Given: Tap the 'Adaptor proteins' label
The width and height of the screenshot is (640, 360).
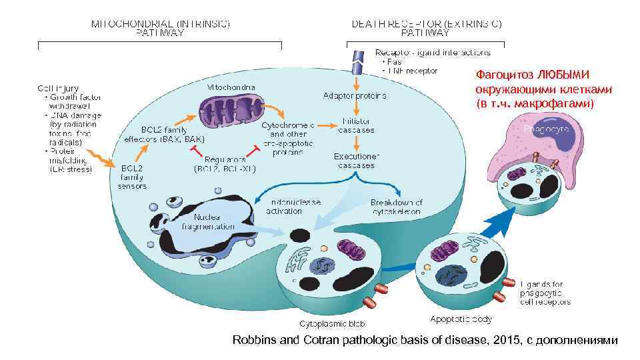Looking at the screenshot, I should pos(354,95).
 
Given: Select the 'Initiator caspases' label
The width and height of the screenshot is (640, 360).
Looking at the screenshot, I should pos(358,125).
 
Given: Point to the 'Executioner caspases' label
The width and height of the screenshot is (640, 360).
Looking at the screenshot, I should pos(355,161).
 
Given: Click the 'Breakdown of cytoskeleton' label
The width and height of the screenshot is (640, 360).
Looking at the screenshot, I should pos(396,207).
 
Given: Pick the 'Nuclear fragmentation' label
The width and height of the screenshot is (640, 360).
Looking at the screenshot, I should pos(208,221).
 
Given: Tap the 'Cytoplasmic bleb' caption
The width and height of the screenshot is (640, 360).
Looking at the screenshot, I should pos(323,323).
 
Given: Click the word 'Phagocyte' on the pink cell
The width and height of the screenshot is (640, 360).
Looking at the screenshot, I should pos(546,128).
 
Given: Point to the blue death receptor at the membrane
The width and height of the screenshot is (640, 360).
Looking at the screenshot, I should pos(358,61).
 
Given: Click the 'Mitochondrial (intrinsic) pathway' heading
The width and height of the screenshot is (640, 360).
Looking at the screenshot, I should pos(161,27).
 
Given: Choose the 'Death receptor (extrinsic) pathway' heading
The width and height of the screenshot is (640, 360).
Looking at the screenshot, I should pos(427,27).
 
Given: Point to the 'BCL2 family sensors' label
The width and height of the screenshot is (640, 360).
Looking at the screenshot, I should pos(131,177).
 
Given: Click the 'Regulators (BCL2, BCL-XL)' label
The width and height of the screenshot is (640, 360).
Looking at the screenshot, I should pos(220,164).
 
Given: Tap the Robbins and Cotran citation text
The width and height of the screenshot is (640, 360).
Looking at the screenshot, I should pos(425,340).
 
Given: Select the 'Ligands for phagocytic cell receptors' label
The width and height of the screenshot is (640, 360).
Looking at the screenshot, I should pos(545,293).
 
